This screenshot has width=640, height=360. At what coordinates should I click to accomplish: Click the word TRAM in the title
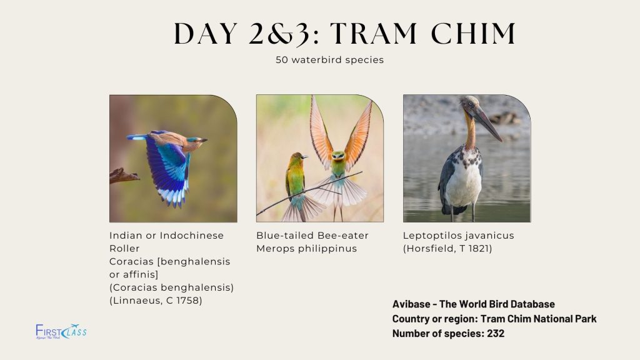point(373,33)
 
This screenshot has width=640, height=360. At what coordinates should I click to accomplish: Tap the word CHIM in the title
point(474,33)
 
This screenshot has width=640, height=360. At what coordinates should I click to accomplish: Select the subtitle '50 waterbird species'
point(330,60)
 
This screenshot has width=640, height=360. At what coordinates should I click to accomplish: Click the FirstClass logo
point(61,331)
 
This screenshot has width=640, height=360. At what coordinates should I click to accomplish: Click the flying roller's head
point(196,141)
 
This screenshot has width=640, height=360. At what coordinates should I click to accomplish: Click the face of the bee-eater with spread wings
point(338,156)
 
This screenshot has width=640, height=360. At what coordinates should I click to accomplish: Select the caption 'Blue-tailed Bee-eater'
point(312,236)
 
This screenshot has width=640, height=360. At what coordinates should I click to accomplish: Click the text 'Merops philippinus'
point(306,249)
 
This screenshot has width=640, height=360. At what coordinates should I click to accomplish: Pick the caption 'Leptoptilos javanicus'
point(458,236)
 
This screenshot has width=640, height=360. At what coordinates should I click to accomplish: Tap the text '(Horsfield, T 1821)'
point(447,249)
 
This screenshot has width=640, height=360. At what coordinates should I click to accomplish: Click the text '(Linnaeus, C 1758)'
point(156,301)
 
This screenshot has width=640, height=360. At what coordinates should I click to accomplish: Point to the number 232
point(496,334)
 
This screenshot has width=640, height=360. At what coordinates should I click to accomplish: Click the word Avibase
point(411,304)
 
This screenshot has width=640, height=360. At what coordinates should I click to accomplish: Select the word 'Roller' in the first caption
point(124,249)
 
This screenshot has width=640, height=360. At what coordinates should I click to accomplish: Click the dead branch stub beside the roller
point(124,176)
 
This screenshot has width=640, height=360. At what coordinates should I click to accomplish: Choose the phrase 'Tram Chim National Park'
point(538,319)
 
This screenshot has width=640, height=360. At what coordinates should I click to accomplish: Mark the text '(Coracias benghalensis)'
point(171,287)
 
